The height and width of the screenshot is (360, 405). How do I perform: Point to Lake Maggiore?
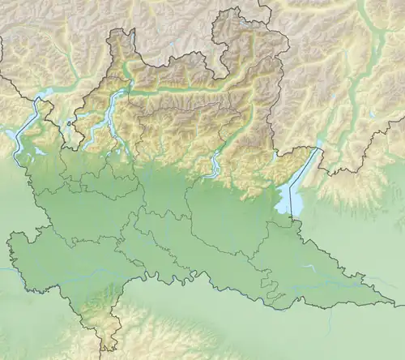[29, 122]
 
